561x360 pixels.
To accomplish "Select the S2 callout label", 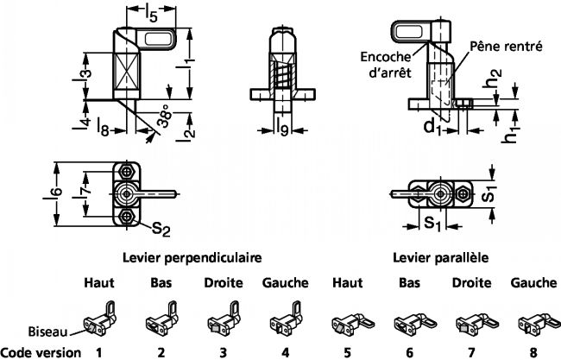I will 159,228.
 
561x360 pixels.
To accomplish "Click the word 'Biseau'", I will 43,331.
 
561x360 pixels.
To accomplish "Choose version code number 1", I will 98,352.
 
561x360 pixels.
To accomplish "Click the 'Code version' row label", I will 42,352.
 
